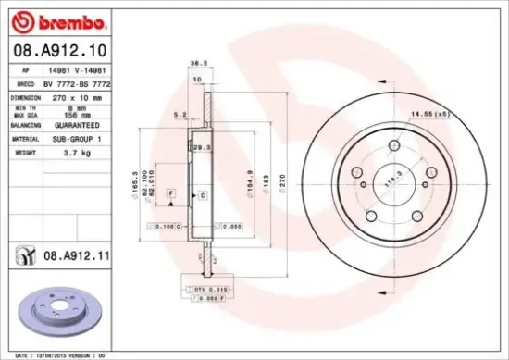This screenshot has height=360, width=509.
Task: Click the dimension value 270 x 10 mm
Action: pyautogui.click(x=77, y=96)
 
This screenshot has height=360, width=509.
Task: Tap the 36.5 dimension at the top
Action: pyautogui.click(x=196, y=64)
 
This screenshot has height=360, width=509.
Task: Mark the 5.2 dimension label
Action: pyautogui.click(x=180, y=117)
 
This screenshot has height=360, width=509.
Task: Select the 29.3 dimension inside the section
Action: pyautogui.click(x=204, y=147)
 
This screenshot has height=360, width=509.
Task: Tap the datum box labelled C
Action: pyautogui.click(x=202, y=196)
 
